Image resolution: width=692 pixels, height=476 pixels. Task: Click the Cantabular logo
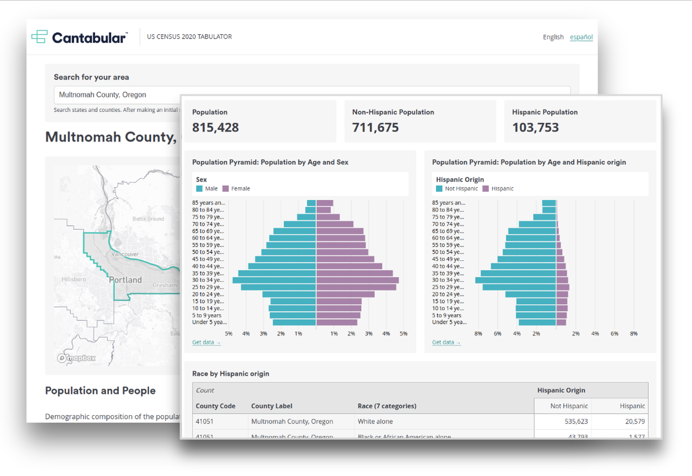click(x=80, y=38)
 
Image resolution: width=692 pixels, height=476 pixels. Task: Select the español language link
click(x=581, y=37)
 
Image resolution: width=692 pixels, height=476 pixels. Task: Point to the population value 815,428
click(x=216, y=128)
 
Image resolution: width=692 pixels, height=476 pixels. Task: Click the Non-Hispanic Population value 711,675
click(x=375, y=128)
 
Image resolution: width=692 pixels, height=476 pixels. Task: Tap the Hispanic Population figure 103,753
click(x=535, y=128)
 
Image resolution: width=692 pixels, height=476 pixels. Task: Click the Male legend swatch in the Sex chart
click(x=199, y=189)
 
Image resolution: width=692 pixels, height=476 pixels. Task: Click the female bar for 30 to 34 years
click(x=357, y=281)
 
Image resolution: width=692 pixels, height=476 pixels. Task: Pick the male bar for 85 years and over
click(x=311, y=203)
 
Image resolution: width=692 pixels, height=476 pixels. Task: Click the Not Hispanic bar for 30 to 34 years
click(x=516, y=281)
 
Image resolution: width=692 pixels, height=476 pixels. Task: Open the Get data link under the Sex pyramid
click(x=206, y=342)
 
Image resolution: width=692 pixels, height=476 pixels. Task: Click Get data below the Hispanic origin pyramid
click(x=446, y=342)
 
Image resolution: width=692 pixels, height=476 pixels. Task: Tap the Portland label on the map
click(x=126, y=280)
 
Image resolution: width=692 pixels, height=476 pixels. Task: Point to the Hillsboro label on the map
click(x=74, y=280)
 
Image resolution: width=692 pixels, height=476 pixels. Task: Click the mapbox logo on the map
click(x=77, y=358)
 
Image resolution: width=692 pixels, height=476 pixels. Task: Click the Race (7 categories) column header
click(x=387, y=406)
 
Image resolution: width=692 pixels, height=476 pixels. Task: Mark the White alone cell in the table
click(x=375, y=422)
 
